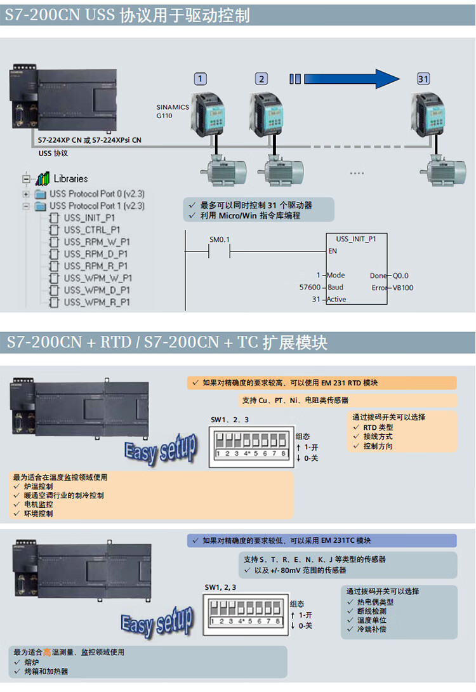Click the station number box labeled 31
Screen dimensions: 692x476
(423, 79)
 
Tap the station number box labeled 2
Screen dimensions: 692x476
(261, 79)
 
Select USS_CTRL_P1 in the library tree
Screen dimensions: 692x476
(91, 230)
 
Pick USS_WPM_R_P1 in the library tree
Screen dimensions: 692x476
(96, 302)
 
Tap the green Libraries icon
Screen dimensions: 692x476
(43, 178)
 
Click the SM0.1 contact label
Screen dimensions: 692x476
(219, 239)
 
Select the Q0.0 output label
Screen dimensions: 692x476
(400, 276)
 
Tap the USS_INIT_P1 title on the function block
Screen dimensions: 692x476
(355, 239)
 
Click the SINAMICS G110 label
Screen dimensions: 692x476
(173, 112)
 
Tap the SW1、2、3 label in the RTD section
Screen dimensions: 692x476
(230, 420)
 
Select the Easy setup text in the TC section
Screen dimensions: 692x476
(157, 619)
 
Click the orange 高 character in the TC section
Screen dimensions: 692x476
(47, 652)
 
